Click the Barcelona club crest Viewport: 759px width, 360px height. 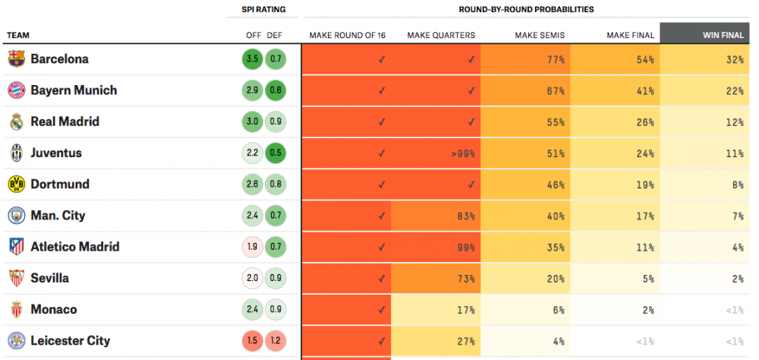click(x=16, y=58)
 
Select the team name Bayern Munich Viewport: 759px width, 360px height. click(x=74, y=90)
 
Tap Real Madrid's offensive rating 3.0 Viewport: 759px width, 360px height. click(x=252, y=122)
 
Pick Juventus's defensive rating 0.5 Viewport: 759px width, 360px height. click(x=276, y=153)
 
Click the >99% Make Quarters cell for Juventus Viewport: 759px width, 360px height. click(x=461, y=153)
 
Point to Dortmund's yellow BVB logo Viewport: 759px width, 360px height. click(x=16, y=185)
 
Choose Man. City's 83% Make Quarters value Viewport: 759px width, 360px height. click(x=466, y=216)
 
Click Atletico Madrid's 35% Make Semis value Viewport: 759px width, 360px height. click(x=555, y=248)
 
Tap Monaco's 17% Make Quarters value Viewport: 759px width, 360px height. click(x=466, y=310)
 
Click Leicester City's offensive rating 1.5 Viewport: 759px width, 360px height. click(x=252, y=341)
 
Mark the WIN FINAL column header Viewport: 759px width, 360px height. click(x=723, y=36)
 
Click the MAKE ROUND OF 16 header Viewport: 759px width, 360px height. click(x=347, y=36)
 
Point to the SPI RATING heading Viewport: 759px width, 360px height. click(x=264, y=9)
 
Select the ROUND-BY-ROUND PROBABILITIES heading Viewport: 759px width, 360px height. click(x=526, y=9)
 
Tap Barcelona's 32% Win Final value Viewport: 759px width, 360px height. click(x=735, y=59)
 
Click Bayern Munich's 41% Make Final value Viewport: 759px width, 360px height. click(x=645, y=91)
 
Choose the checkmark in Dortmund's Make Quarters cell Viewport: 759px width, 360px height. click(x=471, y=185)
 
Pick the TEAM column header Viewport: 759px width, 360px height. click(x=18, y=36)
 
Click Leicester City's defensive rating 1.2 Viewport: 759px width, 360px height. click(x=276, y=341)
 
